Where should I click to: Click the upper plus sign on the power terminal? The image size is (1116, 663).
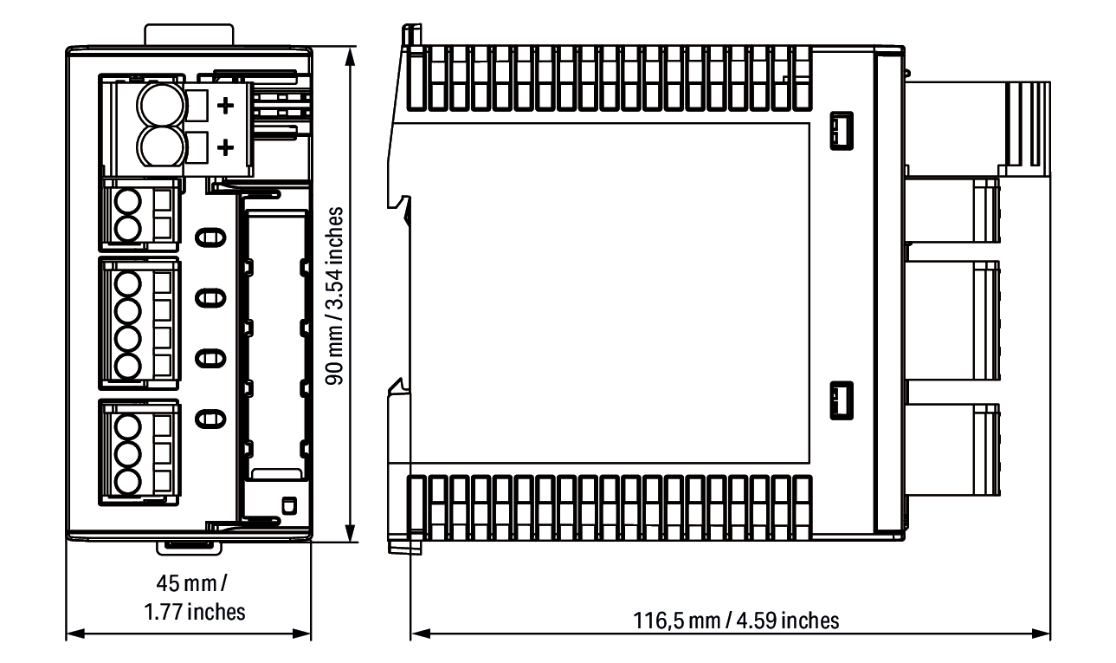[x=226, y=106]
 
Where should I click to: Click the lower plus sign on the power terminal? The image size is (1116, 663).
[x=226, y=147]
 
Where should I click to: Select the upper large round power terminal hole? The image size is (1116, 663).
[x=161, y=106]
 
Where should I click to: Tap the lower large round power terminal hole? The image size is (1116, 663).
[x=161, y=146]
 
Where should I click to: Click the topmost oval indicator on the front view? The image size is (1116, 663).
[x=210, y=237]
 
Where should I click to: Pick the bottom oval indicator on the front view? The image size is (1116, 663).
[x=210, y=419]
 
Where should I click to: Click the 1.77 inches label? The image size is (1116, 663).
[x=195, y=612]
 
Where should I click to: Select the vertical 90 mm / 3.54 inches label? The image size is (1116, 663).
[x=335, y=296]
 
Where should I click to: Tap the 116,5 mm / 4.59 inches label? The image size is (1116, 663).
[x=736, y=621]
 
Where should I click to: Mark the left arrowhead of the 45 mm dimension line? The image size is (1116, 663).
[x=75, y=634]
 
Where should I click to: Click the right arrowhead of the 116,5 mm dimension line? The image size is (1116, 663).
[x=1041, y=634]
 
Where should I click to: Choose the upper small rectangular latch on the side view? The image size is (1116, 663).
[x=842, y=131]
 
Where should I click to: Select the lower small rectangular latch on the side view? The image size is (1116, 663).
[x=842, y=400]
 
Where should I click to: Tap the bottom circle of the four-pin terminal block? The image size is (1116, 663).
[x=128, y=367]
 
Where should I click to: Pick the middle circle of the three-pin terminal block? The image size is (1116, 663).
[x=128, y=455]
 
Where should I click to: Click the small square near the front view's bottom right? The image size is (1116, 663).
[x=289, y=506]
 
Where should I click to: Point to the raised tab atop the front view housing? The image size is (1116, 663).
[x=190, y=35]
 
